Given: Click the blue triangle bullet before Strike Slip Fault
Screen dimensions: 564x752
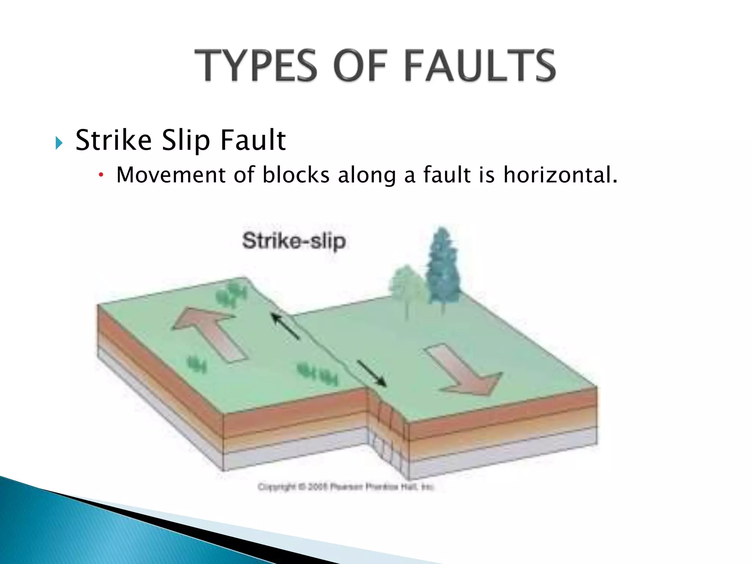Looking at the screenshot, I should [x=59, y=143].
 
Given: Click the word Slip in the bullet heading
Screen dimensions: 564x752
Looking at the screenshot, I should [x=186, y=141].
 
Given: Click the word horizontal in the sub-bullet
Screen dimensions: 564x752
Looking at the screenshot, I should [x=560, y=175].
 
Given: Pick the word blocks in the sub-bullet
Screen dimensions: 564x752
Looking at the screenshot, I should [x=296, y=175].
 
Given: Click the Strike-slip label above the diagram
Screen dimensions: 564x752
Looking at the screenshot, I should [x=294, y=242].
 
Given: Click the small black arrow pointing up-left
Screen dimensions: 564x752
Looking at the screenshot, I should [x=286, y=326].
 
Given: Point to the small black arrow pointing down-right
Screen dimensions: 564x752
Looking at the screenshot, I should [x=372, y=373].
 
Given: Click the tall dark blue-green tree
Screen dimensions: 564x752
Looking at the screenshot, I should [x=443, y=270].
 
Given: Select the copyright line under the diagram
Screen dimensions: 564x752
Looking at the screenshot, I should [x=346, y=487].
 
